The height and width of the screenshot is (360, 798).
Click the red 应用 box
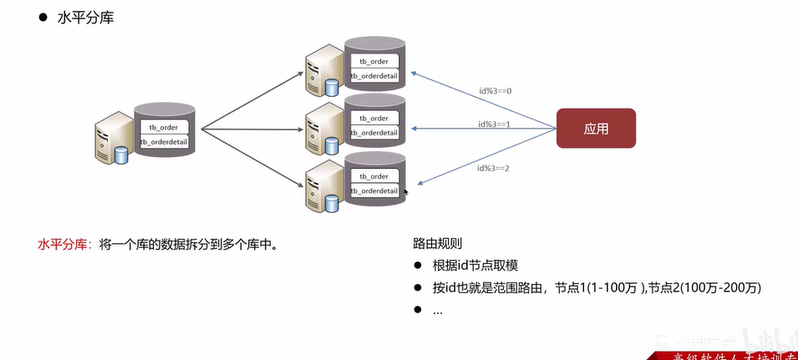(596, 129)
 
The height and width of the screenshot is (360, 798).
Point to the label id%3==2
(493, 168)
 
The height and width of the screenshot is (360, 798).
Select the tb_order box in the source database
(164, 127)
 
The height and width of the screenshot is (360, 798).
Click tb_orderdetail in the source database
(164, 142)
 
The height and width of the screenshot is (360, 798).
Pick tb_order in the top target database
(374, 61)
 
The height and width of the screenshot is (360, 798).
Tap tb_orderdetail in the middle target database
(374, 133)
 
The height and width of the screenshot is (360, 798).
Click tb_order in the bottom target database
(374, 176)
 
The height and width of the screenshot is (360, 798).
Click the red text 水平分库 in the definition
(61, 245)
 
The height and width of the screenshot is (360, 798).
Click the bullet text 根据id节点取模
(475, 266)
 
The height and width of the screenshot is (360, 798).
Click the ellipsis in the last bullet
(438, 310)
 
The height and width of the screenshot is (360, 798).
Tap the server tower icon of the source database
(112, 139)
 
